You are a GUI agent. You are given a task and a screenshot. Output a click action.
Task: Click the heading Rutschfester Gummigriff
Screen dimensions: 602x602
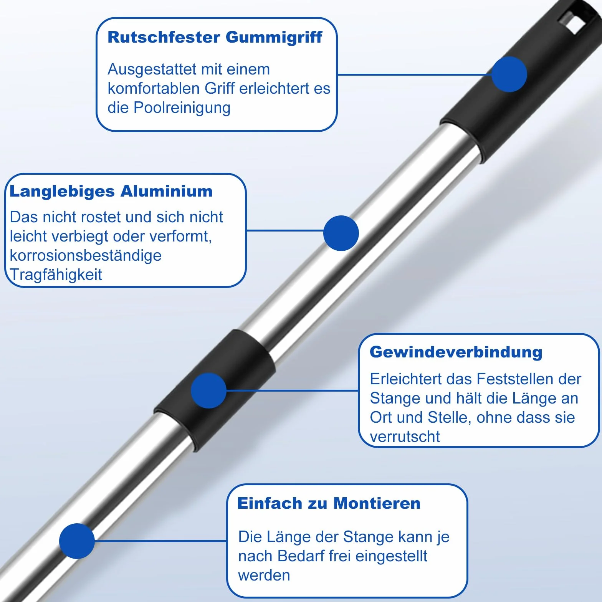pos(215,38)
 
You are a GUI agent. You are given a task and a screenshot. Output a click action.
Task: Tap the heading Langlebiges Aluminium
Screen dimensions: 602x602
pos(111,192)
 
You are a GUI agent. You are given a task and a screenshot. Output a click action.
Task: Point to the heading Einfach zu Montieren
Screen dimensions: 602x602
pos(329,503)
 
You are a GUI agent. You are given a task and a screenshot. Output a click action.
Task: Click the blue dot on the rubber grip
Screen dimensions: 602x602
pos(509,74)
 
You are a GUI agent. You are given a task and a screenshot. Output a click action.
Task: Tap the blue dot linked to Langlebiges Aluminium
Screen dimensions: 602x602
pos(341,233)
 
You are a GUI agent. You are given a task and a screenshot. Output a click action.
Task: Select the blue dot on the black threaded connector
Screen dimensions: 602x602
pos(208,390)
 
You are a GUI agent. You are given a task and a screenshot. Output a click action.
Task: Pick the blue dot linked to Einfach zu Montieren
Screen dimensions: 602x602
pos(77,541)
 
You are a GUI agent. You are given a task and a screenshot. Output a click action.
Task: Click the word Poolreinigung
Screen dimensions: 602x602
pos(182,108)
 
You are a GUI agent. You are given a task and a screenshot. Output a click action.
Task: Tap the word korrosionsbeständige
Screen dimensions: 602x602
pos(86,256)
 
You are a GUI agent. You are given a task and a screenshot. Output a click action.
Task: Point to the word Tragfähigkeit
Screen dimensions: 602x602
pos(56,275)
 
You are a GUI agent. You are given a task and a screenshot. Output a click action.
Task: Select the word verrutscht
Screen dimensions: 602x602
pos(405,437)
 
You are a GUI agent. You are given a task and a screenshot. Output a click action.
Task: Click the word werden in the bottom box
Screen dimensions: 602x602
pos(264,576)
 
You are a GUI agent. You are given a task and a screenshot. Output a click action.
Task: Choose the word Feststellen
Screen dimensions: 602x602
pos(508,379)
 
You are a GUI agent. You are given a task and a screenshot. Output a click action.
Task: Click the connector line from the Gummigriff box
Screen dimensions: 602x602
pos(414,74)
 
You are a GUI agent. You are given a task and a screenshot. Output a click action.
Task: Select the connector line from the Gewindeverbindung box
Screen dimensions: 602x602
pos(292,390)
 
